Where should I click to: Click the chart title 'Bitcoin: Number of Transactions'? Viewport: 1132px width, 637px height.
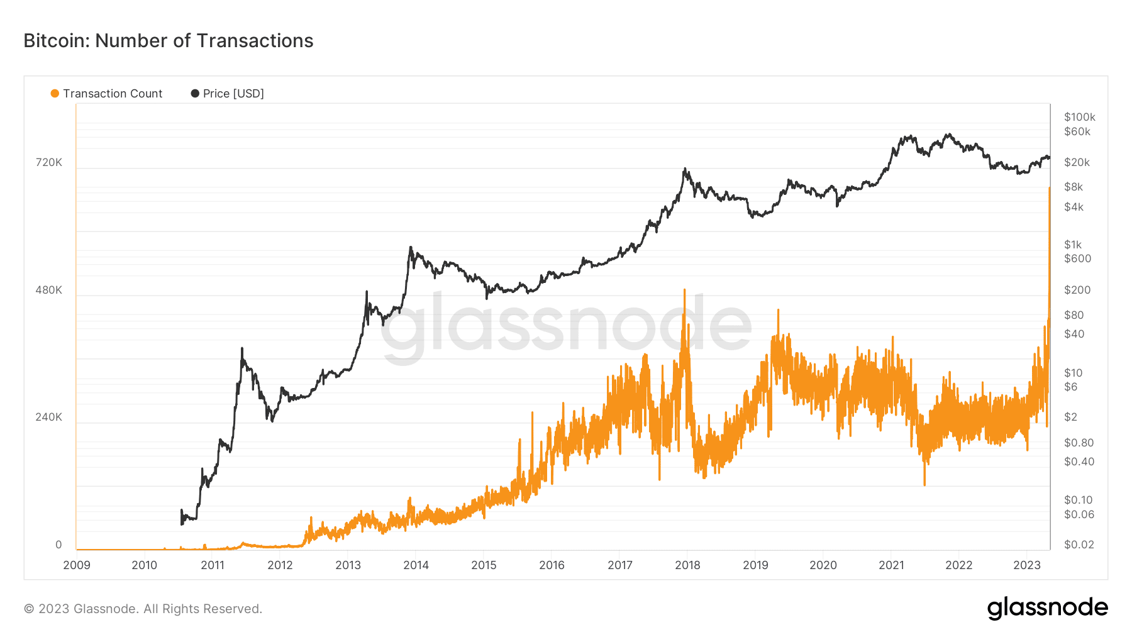[x=168, y=41]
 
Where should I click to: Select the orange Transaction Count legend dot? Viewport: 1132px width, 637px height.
[x=55, y=94]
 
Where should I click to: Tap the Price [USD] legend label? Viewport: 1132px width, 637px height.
[x=233, y=94]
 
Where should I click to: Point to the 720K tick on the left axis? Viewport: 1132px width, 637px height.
[x=49, y=162]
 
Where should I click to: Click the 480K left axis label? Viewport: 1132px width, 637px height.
[x=49, y=290]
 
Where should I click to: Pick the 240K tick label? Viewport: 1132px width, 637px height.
[x=49, y=417]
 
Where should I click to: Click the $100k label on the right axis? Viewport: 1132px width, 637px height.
[x=1079, y=117]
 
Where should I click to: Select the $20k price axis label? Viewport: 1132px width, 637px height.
[x=1077, y=162]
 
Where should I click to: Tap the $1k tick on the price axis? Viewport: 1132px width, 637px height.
[x=1073, y=245]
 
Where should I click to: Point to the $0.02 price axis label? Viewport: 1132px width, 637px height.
[x=1079, y=545]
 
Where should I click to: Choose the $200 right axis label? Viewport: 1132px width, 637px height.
[x=1077, y=290]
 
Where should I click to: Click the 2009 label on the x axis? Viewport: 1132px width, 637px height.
[x=77, y=565]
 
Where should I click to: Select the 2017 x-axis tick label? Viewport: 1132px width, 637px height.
[x=620, y=565]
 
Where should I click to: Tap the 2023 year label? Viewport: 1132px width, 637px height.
[x=1027, y=565]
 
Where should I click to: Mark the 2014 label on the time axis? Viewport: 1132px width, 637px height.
[x=416, y=565]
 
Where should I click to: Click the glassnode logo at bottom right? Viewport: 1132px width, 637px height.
[x=1047, y=608]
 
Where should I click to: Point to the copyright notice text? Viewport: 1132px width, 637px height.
[x=143, y=609]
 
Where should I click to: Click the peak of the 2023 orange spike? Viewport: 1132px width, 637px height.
[x=1049, y=188]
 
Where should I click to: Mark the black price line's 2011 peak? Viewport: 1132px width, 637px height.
[x=242, y=348]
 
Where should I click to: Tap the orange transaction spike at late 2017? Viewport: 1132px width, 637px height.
[x=684, y=291]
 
